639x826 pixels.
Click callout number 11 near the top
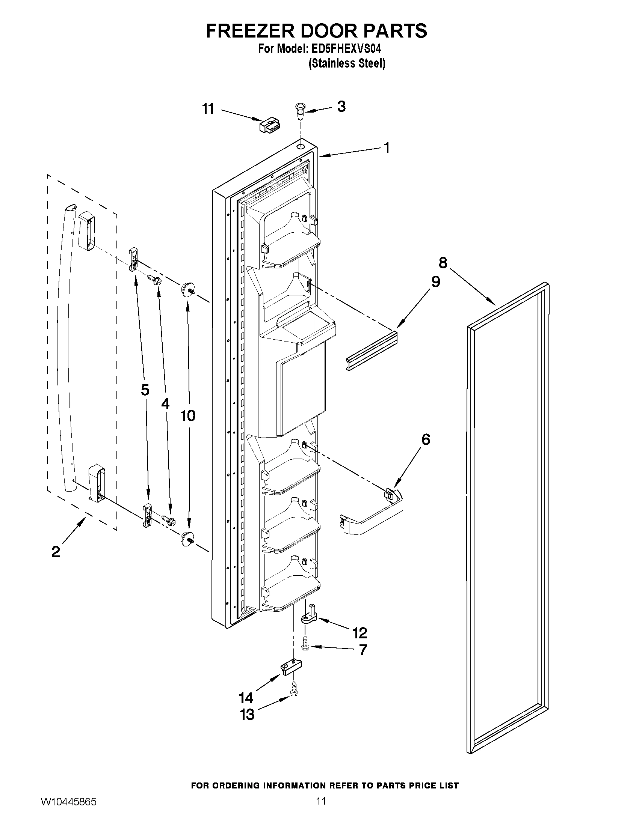208,109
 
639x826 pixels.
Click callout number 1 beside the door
387,148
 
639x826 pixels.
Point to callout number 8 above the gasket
443,262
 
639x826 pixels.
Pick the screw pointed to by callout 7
305,647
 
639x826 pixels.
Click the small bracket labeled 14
292,668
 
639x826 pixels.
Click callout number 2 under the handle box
56,552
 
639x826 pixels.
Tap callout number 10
188,416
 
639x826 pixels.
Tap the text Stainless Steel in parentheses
347,63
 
